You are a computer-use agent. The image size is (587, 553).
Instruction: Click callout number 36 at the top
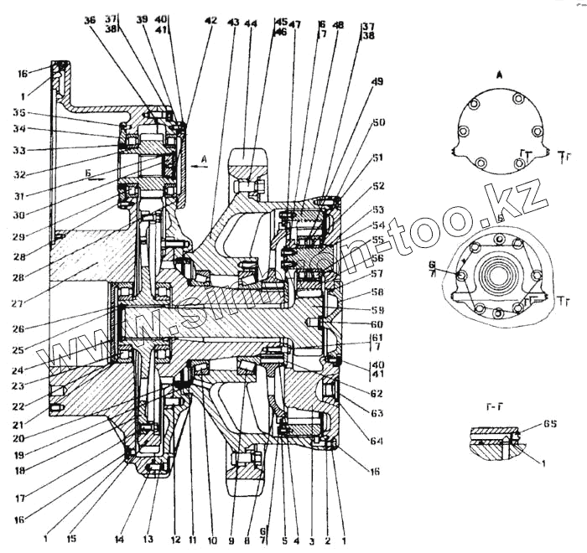(90, 22)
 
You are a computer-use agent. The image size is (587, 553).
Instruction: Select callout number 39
(142, 19)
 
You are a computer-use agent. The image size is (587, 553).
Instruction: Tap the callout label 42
(210, 20)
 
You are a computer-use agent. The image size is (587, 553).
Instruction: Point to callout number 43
(233, 22)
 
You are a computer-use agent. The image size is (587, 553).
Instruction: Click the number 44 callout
(252, 23)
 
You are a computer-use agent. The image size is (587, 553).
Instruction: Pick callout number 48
(338, 26)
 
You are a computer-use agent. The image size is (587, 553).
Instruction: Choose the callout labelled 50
(379, 123)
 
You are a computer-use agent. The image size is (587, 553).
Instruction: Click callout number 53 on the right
(380, 209)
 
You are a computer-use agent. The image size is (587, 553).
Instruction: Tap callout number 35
(19, 111)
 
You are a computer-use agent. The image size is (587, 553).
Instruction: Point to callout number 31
(19, 198)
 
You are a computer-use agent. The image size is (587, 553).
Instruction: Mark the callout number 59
(378, 309)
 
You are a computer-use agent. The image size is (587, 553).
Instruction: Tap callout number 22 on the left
(19, 406)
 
